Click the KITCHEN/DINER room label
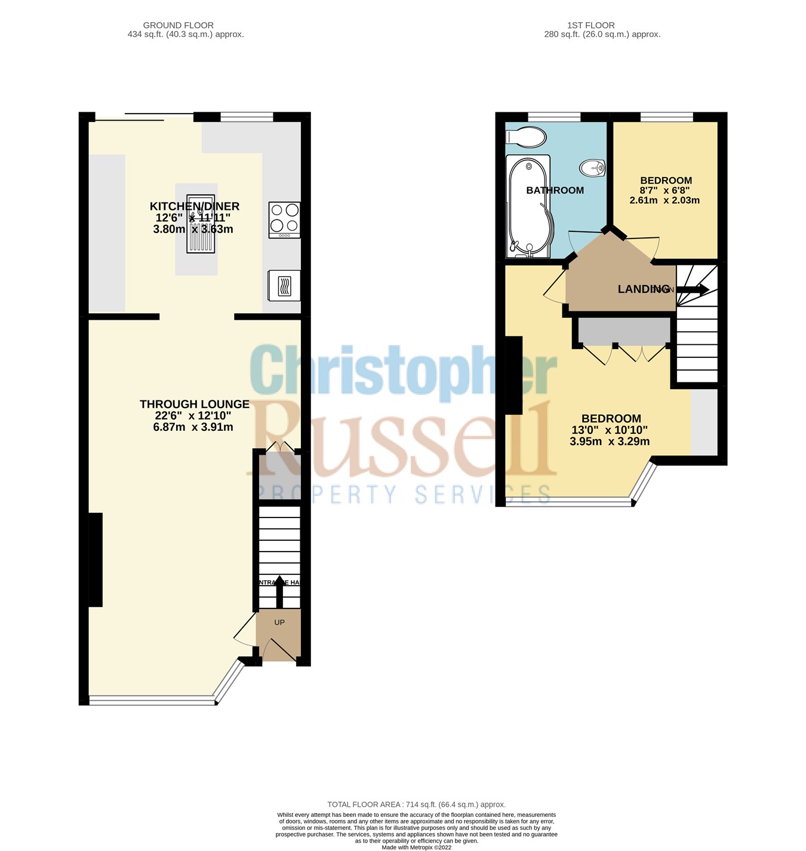194,206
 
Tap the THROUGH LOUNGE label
194,405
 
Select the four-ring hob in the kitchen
284,219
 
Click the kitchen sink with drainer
201,223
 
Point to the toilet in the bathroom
525,137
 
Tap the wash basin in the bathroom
592,168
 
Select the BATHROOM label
555,191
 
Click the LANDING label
643,289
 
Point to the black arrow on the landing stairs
693,290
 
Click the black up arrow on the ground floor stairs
279,590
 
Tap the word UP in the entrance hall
279,622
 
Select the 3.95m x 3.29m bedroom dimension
609,442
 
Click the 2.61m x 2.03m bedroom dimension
665,200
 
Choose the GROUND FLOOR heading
178,25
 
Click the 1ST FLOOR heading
590,25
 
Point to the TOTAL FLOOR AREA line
416,804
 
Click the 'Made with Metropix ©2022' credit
416,847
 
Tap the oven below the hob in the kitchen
284,286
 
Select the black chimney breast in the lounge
96,559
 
